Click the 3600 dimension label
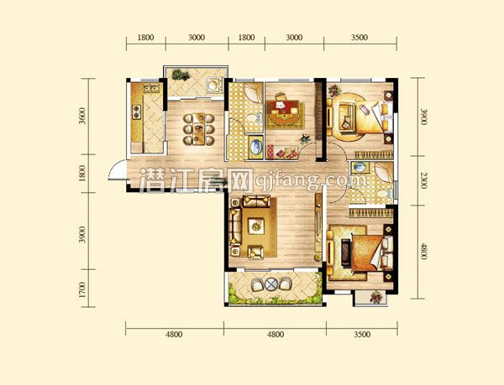(x=82, y=116)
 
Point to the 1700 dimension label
(x=82, y=289)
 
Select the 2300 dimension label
(x=424, y=180)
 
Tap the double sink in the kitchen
(x=151, y=88)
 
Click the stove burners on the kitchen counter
(x=137, y=112)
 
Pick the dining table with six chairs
(x=198, y=129)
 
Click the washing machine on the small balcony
(x=213, y=85)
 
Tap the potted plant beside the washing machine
(x=180, y=75)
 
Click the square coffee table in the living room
(x=256, y=226)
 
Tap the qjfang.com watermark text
(x=311, y=180)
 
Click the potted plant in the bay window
(x=375, y=298)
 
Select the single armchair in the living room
(x=255, y=252)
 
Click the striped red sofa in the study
(x=282, y=152)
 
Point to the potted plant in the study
(x=304, y=139)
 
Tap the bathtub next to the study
(x=256, y=147)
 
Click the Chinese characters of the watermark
(x=196, y=180)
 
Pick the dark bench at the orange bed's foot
(x=346, y=252)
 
